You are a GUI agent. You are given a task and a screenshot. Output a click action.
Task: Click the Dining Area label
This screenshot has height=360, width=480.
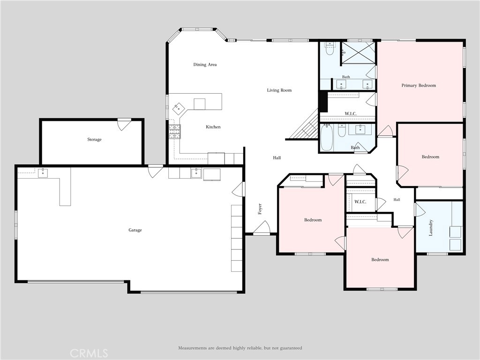point(205,65)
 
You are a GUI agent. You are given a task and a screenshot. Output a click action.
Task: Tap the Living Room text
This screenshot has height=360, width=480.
point(279,90)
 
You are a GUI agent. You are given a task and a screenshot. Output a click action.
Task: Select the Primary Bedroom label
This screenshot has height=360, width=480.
point(419,85)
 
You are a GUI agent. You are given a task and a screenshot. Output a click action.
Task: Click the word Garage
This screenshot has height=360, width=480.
point(135,230)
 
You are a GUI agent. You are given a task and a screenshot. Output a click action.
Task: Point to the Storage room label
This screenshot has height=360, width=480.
point(94,140)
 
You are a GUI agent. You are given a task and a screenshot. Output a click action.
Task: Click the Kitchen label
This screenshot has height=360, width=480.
point(213,127)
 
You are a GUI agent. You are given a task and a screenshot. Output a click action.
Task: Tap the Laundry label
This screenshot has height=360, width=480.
point(431,228)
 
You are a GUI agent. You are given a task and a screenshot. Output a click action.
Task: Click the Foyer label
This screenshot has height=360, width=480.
point(260,209)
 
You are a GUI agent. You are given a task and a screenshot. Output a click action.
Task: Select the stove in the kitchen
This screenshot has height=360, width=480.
point(175,132)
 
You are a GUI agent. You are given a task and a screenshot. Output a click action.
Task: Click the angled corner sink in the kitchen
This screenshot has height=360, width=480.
point(178,108)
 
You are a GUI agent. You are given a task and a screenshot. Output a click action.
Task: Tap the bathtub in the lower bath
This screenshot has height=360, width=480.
point(326,137)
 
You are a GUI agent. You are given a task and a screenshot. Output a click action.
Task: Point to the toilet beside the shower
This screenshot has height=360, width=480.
point(330,49)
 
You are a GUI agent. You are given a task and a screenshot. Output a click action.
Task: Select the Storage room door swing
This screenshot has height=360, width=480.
point(124,124)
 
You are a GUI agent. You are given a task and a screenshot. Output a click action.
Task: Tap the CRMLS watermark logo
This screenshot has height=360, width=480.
point(89,353)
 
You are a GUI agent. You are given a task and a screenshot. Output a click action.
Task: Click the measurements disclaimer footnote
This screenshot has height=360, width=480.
point(240,348)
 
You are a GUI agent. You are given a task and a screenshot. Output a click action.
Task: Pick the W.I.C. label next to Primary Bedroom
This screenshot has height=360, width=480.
point(351,113)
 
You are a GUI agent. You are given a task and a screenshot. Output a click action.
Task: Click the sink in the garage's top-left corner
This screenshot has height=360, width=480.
point(43,173)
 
